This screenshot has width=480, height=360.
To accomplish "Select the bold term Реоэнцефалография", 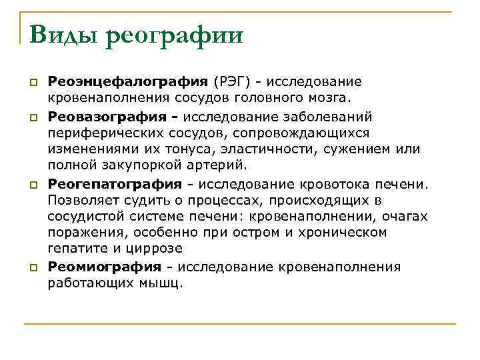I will tap(128, 82).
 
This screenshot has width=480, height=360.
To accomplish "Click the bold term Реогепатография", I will tap(115, 183).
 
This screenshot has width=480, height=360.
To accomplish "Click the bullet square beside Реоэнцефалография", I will tap(32, 83).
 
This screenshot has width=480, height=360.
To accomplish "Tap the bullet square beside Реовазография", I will tap(32, 117).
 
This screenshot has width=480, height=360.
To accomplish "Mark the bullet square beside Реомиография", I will tap(32, 267).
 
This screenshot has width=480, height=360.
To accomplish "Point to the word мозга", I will tap(327, 99).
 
